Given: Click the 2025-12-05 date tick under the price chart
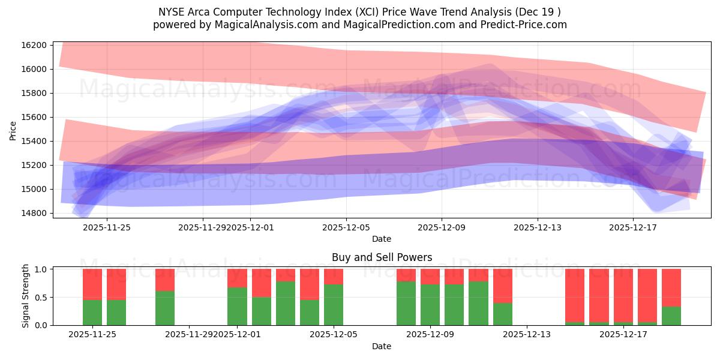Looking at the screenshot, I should [x=346, y=227].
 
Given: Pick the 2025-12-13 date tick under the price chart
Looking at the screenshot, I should [x=538, y=227].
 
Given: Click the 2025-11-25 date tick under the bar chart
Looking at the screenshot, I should [x=92, y=335].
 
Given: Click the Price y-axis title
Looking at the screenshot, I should [x=13, y=130].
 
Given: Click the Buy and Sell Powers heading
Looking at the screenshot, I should [x=382, y=257].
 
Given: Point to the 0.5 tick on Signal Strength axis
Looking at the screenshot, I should [x=41, y=298].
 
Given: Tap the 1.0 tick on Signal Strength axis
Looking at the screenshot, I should [x=41, y=269].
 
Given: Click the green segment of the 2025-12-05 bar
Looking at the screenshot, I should [x=334, y=305].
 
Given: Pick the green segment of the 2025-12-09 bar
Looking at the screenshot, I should [x=430, y=305].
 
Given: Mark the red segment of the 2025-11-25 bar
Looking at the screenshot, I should [x=92, y=284].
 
